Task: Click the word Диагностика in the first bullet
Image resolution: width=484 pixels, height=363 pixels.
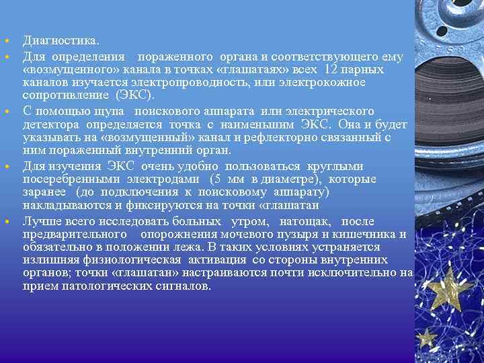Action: [55, 41]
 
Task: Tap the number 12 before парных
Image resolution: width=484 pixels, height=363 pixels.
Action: [330, 69]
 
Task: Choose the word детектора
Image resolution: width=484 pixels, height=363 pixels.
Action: [52, 124]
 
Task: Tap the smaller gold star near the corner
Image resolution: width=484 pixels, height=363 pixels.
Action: [426, 337]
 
